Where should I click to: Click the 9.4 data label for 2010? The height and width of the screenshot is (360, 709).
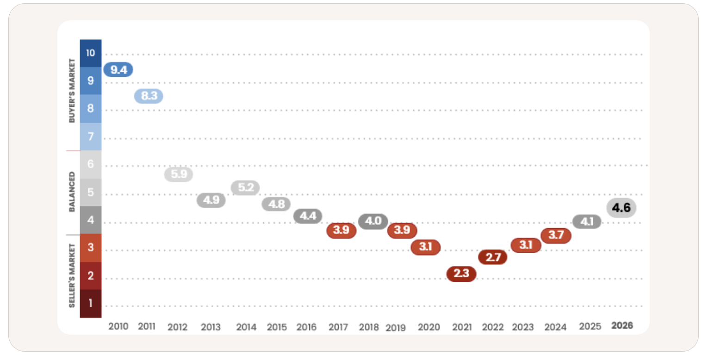pos(118,70)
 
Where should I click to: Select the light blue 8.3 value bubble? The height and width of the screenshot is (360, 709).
pos(149,96)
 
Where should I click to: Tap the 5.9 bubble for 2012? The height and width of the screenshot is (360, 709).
pos(179,174)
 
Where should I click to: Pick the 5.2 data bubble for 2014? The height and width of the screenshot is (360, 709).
pos(245,188)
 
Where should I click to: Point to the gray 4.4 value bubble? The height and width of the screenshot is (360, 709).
pos(308,216)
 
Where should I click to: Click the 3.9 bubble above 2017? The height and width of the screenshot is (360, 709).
pos(341,230)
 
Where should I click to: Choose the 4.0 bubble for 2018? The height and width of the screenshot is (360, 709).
pos(373,221)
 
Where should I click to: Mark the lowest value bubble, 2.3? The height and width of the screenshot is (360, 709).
pos(461,274)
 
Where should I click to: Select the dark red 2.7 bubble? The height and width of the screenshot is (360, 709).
pos(492,257)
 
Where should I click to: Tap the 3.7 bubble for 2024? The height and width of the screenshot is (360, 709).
pos(556,236)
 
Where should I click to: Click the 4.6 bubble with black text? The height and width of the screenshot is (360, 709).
pos(621,208)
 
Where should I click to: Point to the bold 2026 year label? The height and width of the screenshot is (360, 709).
pos(622,326)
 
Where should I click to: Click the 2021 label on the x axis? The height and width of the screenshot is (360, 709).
pos(462,327)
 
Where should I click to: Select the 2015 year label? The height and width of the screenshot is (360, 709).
pos(277,327)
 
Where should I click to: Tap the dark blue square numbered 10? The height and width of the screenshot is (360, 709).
pos(91,53)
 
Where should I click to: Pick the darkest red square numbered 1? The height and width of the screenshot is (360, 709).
pos(91,304)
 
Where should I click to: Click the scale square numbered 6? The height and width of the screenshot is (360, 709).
pos(91,164)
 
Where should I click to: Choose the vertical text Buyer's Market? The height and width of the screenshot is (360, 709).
pos(72,91)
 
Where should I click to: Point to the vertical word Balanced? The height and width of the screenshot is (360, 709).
pos(72,192)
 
